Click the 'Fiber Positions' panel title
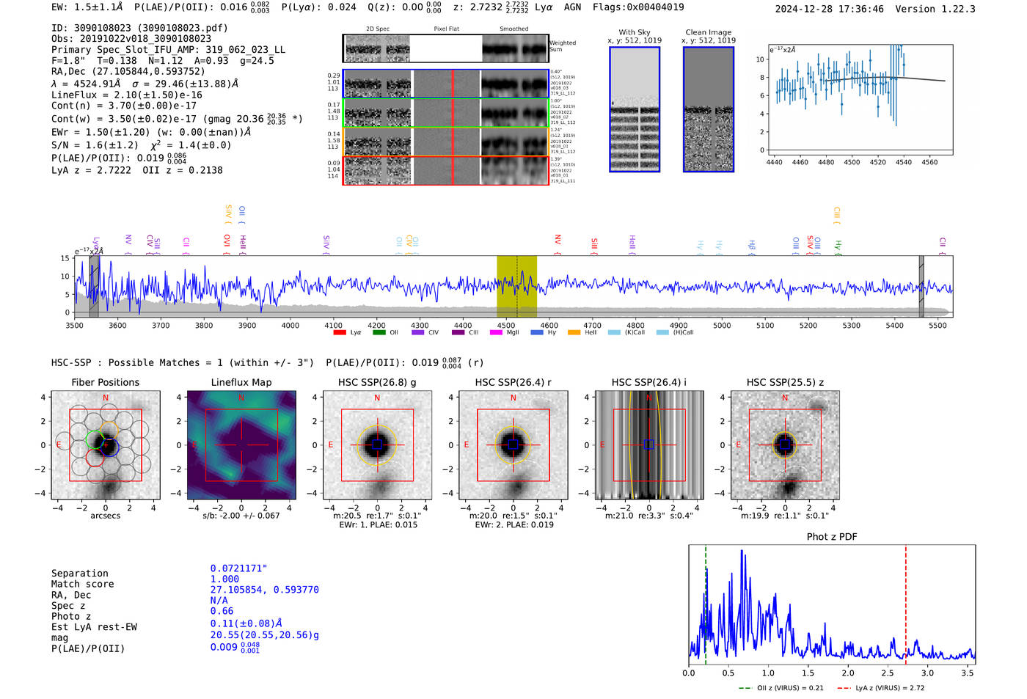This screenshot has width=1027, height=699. click(x=105, y=382)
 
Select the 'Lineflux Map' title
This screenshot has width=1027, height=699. click(x=241, y=382)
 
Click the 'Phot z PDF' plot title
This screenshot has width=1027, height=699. click(x=831, y=537)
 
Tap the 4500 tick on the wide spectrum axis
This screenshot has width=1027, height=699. click(x=506, y=325)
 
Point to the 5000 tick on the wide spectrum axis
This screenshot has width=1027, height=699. click(x=722, y=325)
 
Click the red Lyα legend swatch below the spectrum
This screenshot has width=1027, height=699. click(x=340, y=333)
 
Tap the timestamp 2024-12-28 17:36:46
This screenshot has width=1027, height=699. click(x=829, y=9)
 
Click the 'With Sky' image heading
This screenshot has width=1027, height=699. click(x=634, y=32)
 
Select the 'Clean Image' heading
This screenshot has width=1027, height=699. click(x=708, y=32)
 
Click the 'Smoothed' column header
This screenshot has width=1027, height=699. click(x=513, y=29)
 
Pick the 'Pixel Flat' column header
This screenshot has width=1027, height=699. click(x=446, y=29)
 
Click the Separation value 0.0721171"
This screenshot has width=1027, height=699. click(x=238, y=568)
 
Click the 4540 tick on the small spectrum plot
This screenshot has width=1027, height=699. click(x=903, y=162)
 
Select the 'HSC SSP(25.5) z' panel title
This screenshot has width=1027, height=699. click(x=785, y=382)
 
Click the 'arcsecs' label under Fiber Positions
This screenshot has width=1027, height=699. click(x=105, y=516)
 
